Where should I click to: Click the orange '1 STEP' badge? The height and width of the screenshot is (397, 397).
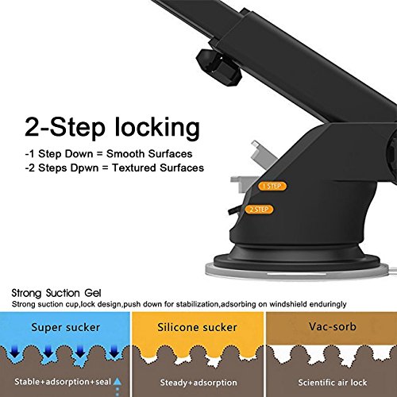272,186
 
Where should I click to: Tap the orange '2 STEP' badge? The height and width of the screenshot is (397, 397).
259,210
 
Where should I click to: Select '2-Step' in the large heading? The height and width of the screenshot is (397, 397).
65,128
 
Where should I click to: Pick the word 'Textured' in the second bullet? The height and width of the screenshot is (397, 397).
134,168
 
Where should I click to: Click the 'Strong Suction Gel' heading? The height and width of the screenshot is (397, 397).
56,293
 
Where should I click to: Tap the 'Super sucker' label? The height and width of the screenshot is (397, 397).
66,328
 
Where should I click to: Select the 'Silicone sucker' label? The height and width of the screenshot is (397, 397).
197,327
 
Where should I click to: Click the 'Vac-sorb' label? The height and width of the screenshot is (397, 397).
333,326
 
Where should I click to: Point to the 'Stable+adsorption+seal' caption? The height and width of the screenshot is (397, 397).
63,382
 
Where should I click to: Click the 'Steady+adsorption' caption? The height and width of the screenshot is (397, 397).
198,383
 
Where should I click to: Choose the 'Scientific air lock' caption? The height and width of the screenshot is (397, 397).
333,383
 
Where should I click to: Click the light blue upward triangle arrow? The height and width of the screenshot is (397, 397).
118,382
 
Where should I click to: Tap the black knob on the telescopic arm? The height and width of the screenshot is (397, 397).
218,67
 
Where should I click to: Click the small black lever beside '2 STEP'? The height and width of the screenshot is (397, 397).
233,210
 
